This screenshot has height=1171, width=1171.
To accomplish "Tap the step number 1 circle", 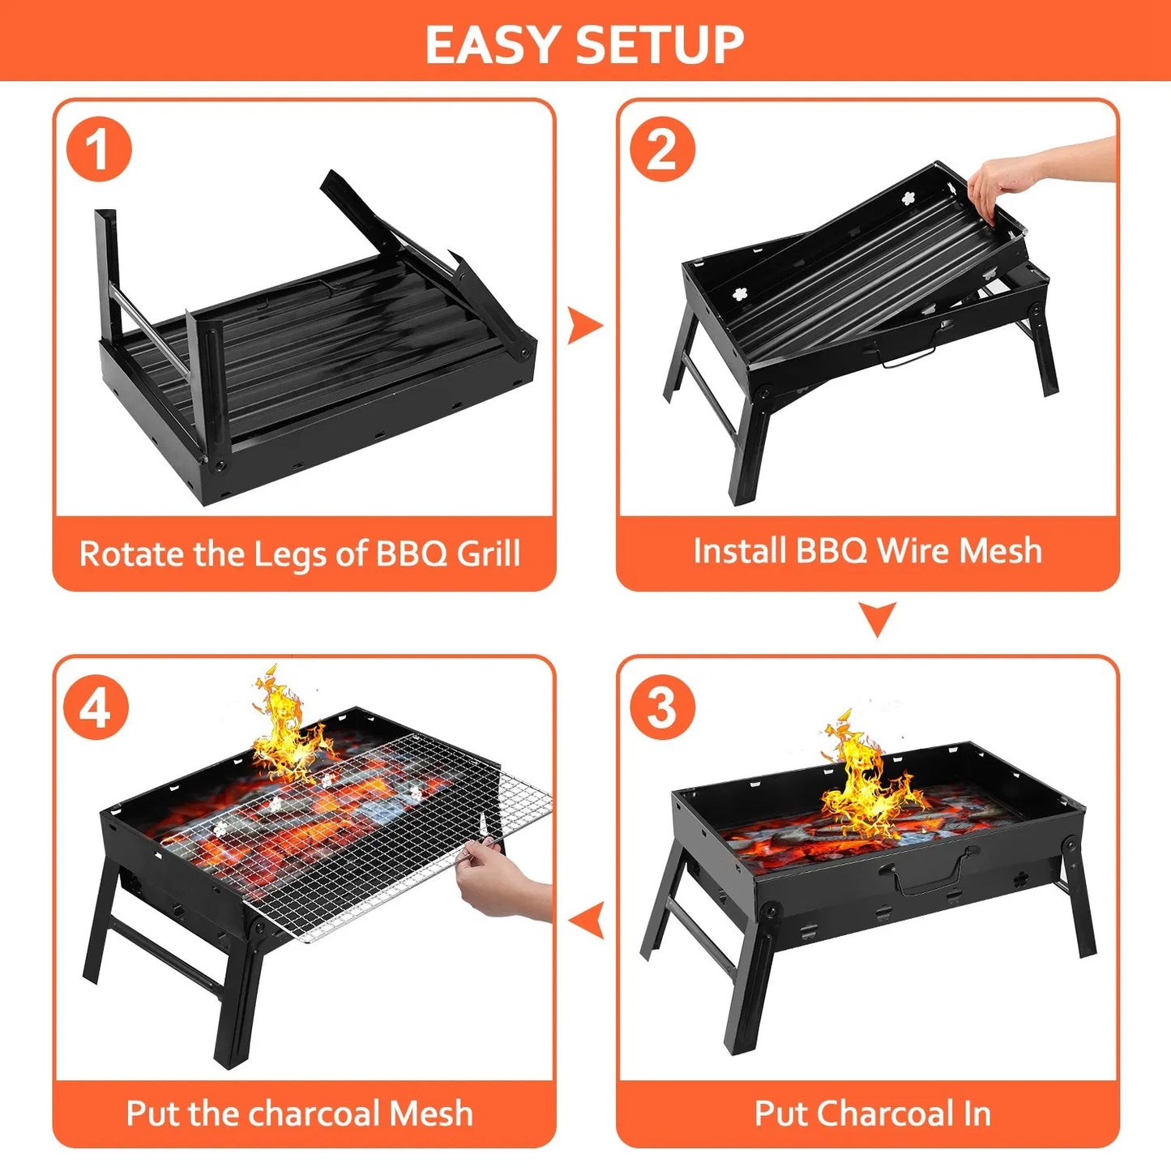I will tap(99, 149).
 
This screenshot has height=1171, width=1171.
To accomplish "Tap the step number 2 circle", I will tap(662, 149).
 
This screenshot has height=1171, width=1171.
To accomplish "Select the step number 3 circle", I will tap(662, 707).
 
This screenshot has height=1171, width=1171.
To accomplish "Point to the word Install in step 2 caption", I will tap(740, 551).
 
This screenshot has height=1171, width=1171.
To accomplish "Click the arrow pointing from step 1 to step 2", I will tap(585, 326).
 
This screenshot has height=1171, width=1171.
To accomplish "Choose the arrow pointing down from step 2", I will tap(878, 618).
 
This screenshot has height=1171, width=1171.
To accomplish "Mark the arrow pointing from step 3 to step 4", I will tap(587, 921).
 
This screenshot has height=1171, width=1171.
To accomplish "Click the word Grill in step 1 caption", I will tap(489, 554).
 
